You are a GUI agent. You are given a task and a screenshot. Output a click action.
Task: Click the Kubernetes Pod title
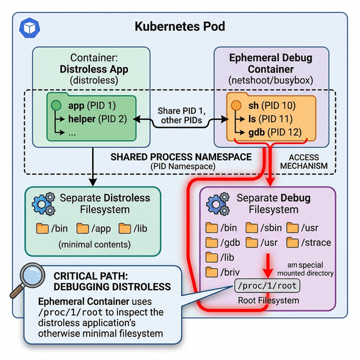[x=179, y=26]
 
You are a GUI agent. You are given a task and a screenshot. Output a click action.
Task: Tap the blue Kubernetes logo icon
[x=28, y=27]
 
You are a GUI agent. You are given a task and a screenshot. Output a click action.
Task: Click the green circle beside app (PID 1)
[x=56, y=106]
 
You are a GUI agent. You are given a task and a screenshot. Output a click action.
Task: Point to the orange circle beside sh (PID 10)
[x=236, y=106]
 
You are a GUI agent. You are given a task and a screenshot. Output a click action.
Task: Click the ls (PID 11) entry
[x=271, y=119]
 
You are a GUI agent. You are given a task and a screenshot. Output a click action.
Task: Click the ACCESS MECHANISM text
[x=310, y=161]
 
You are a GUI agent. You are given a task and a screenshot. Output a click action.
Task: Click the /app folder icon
[x=83, y=228]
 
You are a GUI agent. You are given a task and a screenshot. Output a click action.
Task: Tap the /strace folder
[x=293, y=242]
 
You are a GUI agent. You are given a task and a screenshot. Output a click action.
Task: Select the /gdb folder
[x=212, y=242]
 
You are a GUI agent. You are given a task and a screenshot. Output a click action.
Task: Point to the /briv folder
[x=212, y=272]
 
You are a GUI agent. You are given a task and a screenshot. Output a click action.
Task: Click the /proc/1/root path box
[x=267, y=286]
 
